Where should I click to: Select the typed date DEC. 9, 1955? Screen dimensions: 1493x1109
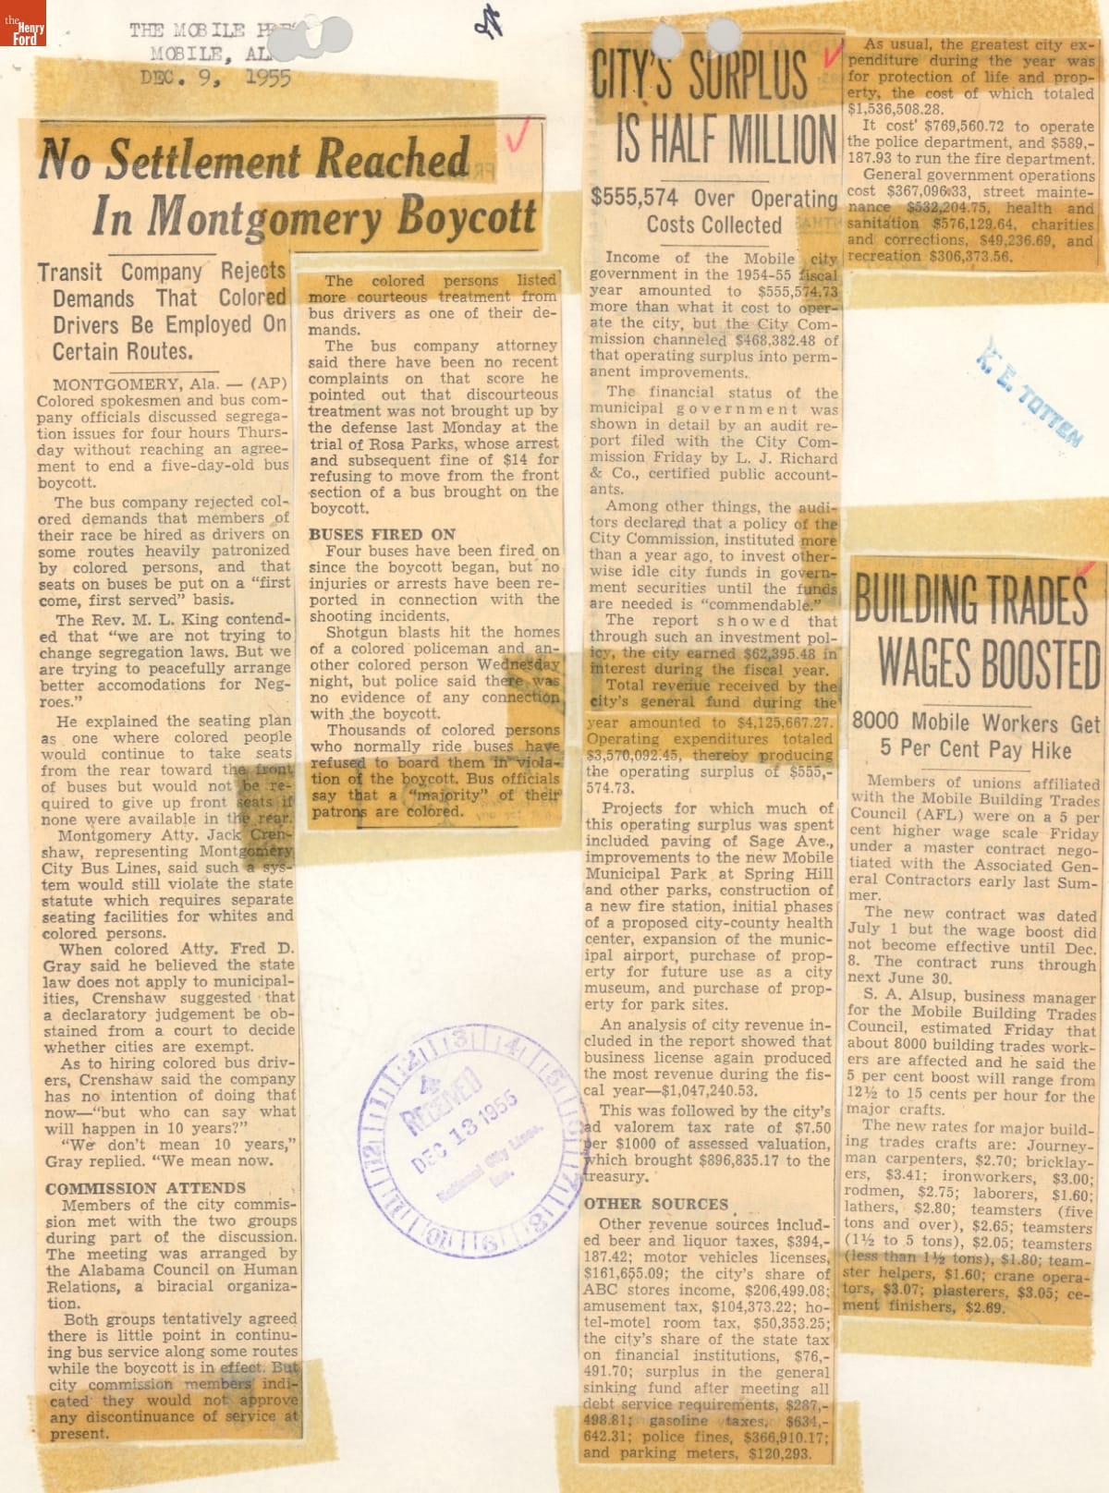point(214,78)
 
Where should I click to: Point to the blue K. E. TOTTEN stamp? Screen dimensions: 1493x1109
point(1029,391)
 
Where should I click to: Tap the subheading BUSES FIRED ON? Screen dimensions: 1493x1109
point(382,534)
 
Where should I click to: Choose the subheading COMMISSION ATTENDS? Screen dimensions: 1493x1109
point(145,1188)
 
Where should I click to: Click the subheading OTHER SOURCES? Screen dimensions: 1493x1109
point(656,1204)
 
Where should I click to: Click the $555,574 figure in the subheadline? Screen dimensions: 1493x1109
point(634,198)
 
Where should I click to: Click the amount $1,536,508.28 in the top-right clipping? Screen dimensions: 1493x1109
point(893,109)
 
